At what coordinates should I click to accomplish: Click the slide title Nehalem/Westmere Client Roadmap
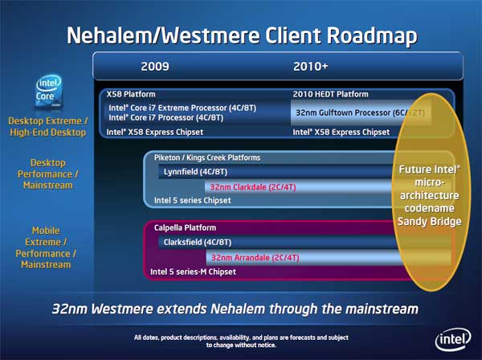pos(241,35)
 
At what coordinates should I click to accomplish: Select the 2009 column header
pos(155,66)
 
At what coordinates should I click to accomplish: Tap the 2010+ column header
pos(311,66)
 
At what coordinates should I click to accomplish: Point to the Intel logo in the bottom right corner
pos(451,338)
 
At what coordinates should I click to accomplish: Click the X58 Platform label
pos(132,95)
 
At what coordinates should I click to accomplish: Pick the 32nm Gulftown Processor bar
pos(360,112)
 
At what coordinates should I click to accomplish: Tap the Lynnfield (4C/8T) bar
pos(196,172)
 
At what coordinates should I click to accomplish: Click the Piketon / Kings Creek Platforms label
pos(206,157)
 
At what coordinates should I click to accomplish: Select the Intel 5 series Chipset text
pos(186,201)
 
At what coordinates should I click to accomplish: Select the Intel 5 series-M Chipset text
pos(194,272)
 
